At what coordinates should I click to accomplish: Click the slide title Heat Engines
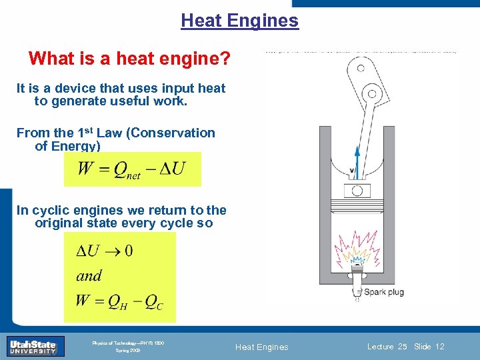click(239, 21)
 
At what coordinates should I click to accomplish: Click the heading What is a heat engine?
click(130, 59)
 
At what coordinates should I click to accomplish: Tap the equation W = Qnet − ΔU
click(131, 169)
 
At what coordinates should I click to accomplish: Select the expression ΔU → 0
click(105, 251)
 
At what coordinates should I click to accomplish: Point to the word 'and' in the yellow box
click(89, 275)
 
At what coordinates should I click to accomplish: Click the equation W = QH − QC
click(119, 301)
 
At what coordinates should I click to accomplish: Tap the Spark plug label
click(383, 292)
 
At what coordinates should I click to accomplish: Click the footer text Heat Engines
click(263, 347)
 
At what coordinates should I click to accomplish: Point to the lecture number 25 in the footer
click(402, 347)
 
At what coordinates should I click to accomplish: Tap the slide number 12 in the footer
click(439, 347)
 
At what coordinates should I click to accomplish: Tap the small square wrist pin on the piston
click(357, 191)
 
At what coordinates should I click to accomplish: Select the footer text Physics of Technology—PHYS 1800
click(128, 343)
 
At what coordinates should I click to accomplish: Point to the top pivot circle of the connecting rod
click(361, 67)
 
